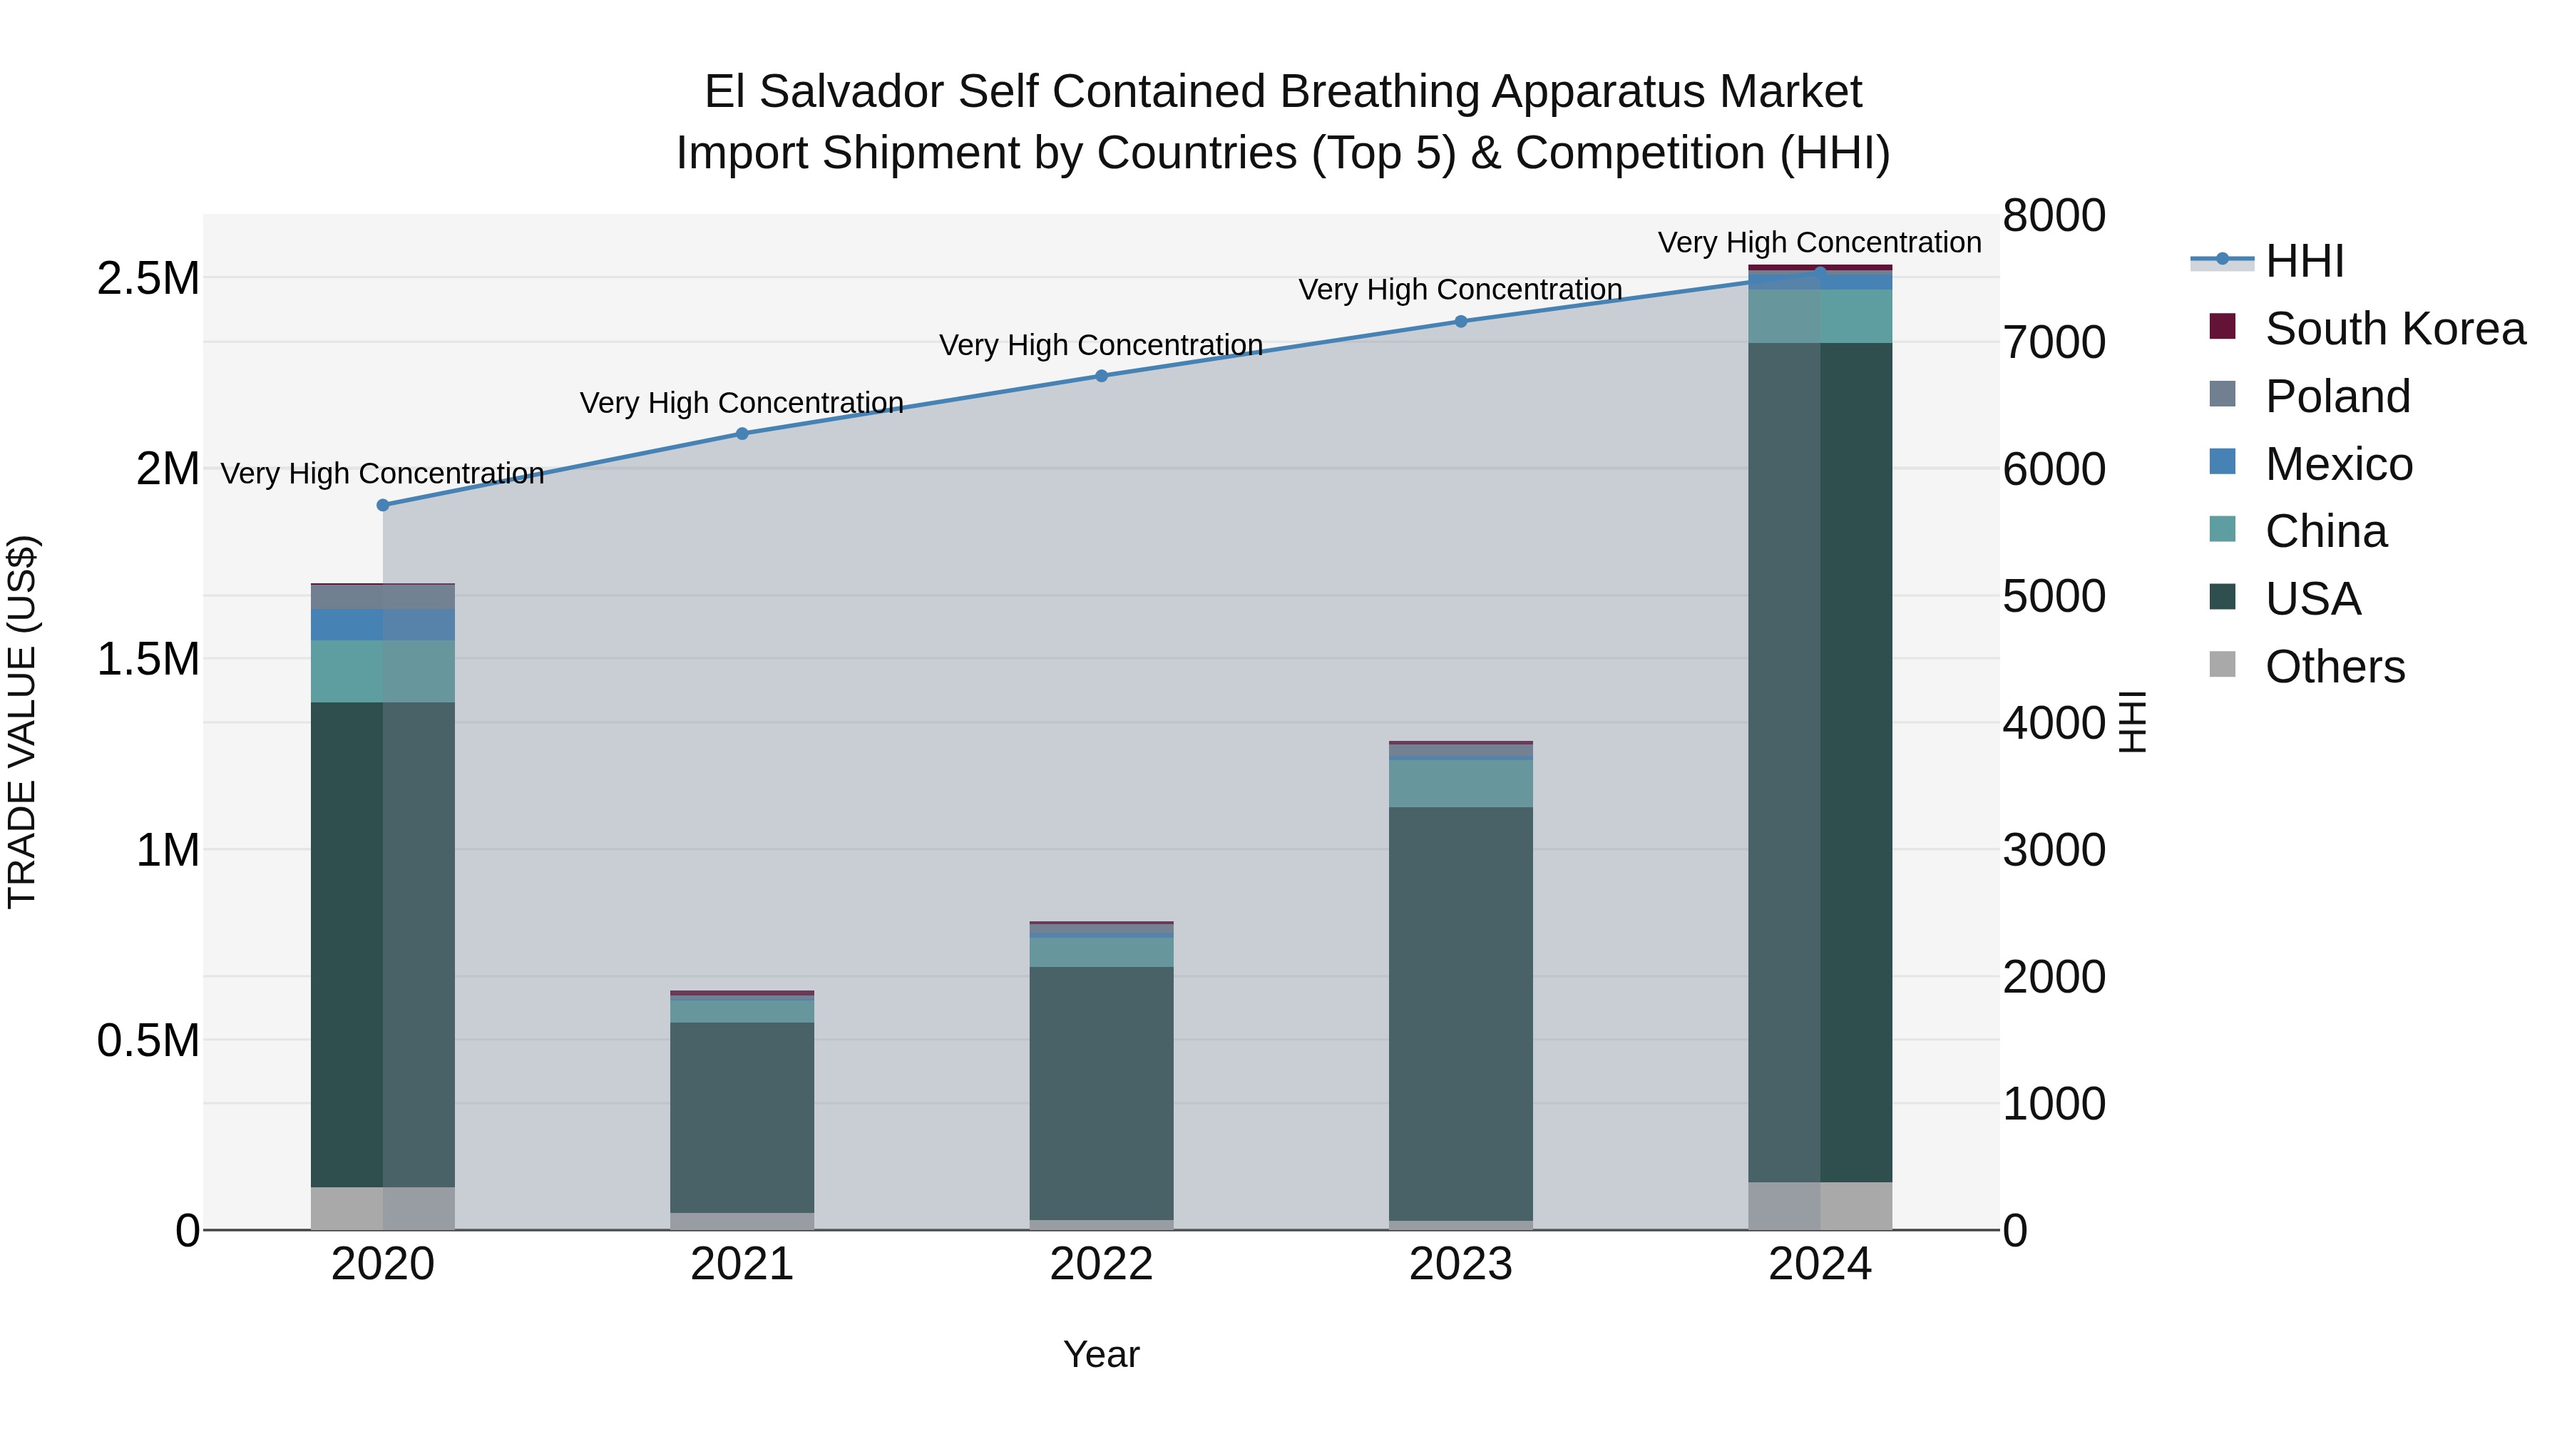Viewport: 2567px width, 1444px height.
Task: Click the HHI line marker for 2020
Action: tap(383, 506)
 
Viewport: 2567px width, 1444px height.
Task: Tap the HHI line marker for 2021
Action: tap(742, 434)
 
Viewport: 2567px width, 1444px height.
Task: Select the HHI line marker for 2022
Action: tap(1101, 376)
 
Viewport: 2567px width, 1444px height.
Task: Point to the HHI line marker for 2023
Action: tap(1461, 321)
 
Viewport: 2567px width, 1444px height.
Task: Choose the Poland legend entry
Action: tap(2337, 396)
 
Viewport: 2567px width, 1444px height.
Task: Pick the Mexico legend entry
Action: tap(2338, 464)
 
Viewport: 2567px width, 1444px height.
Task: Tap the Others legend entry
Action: tap(2334, 667)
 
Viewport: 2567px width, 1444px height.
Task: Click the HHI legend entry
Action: tap(2303, 261)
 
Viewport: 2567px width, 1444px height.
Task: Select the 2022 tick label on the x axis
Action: tap(1101, 1264)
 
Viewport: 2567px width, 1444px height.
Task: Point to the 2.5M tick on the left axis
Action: tap(148, 279)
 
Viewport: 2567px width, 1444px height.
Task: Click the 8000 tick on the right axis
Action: tap(2054, 216)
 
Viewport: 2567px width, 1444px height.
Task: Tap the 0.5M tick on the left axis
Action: tap(148, 1040)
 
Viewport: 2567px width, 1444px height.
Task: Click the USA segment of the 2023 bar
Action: tap(1461, 1011)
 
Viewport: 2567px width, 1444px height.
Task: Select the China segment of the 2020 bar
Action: tap(383, 671)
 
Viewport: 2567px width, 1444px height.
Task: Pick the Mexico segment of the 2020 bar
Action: tap(383, 625)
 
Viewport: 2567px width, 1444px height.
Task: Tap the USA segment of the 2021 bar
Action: tap(742, 1116)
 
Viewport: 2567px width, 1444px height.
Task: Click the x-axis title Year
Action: tap(1101, 1354)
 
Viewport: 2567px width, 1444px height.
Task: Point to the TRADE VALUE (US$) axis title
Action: tap(22, 722)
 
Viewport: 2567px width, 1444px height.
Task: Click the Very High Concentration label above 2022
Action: tap(1101, 345)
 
